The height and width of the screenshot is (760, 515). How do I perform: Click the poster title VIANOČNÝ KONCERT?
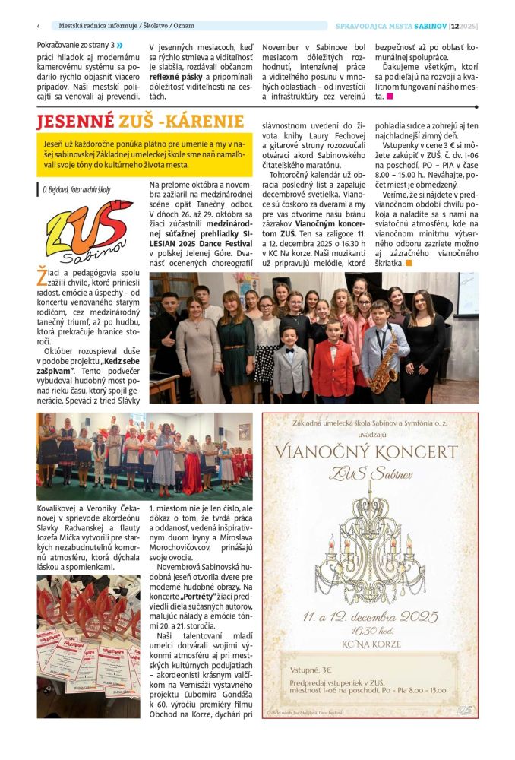[x=370, y=452]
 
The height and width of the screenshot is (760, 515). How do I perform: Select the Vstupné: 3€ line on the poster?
[x=311, y=670]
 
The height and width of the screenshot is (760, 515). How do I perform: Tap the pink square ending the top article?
[x=390, y=97]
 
